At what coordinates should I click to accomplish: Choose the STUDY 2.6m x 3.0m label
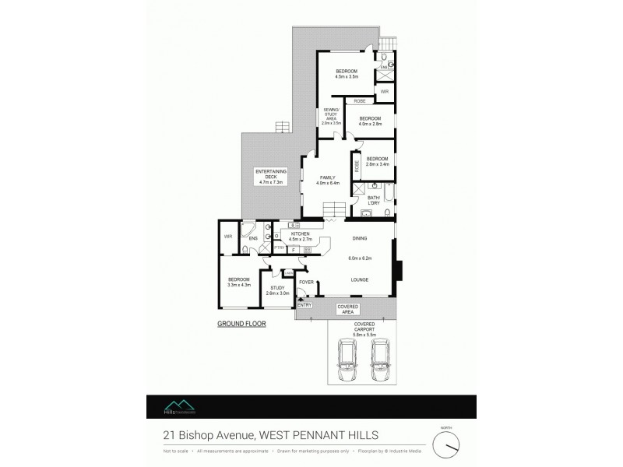click(x=277, y=290)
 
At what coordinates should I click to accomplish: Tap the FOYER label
click(x=306, y=281)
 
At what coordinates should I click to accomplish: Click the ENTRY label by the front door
click(x=304, y=305)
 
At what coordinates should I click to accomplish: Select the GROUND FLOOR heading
click(x=242, y=323)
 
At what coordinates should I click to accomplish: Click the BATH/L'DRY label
click(x=374, y=201)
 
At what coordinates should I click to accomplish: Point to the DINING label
click(x=360, y=238)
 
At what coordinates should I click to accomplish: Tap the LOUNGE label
click(x=359, y=279)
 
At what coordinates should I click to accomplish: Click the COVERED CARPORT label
click(x=365, y=328)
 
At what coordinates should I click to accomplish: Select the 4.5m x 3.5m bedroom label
click(x=346, y=74)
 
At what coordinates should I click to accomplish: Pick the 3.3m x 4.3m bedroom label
click(x=238, y=282)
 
